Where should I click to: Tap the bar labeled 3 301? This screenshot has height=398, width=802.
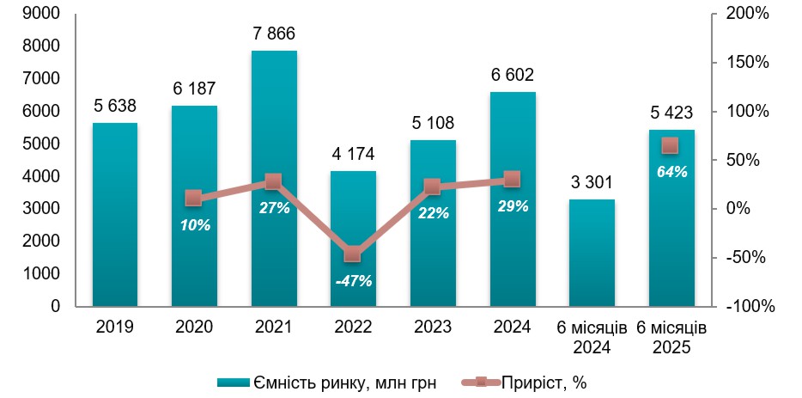[x=592, y=253]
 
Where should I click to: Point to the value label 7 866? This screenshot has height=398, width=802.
[x=274, y=34]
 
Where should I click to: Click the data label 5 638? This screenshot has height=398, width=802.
[x=115, y=107]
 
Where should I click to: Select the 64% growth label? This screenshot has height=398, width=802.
[x=671, y=171]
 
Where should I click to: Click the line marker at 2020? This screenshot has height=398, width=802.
[x=194, y=199]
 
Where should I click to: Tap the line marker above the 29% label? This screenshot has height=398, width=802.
[x=512, y=180]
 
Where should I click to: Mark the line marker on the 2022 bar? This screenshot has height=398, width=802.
[x=353, y=254]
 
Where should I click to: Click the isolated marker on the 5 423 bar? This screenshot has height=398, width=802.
[x=671, y=145]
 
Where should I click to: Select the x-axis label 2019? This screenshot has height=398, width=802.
[x=115, y=327]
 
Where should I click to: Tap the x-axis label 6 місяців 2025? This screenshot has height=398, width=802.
[x=671, y=337]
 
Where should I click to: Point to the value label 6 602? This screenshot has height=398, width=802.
[x=513, y=76]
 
